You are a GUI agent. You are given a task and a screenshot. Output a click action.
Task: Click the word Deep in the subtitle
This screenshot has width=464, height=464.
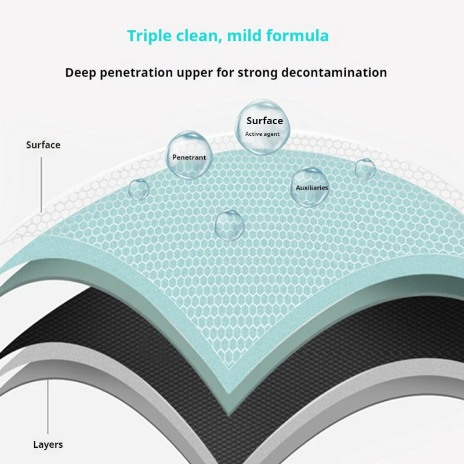point(80,72)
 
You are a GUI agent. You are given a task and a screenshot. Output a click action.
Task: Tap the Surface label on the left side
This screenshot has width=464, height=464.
point(43,144)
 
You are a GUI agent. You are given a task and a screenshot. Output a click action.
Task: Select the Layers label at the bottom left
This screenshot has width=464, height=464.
point(48,445)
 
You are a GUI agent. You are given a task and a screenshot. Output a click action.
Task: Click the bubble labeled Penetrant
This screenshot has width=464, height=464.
point(188,154)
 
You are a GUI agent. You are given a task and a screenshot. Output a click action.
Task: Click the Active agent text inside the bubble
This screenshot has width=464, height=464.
point(262,134)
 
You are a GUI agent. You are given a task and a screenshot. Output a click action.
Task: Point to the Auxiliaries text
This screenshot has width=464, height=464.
point(312,188)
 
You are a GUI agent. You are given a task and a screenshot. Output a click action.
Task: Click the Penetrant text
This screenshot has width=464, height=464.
point(189,157)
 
